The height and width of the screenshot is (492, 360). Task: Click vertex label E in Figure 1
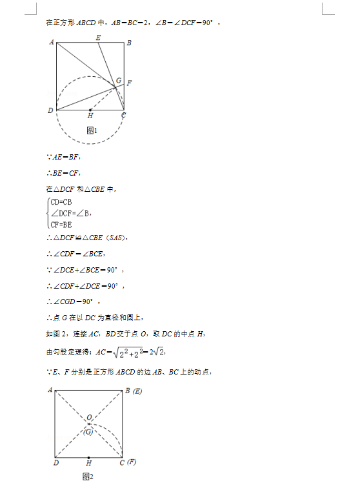point(98,37)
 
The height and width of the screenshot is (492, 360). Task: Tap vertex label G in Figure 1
point(119,81)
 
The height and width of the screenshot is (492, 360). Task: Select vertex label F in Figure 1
point(130,83)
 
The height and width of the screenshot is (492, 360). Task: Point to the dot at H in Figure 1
point(90,110)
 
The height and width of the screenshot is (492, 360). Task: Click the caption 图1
point(91,130)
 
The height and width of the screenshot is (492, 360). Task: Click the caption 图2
point(88,477)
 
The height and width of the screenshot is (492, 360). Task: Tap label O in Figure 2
point(89,418)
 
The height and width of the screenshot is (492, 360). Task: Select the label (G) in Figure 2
point(89,431)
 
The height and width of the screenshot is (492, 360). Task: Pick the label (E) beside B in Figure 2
point(137,391)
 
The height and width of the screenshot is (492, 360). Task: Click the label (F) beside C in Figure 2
point(132,462)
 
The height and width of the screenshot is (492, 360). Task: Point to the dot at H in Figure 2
point(89,457)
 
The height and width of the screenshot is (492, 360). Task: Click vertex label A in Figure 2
point(50,390)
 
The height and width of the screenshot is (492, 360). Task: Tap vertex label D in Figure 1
point(50,111)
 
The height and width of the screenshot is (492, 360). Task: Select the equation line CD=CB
point(61,202)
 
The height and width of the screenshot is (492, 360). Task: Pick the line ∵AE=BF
point(63,157)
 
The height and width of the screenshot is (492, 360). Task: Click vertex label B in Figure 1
point(129,43)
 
